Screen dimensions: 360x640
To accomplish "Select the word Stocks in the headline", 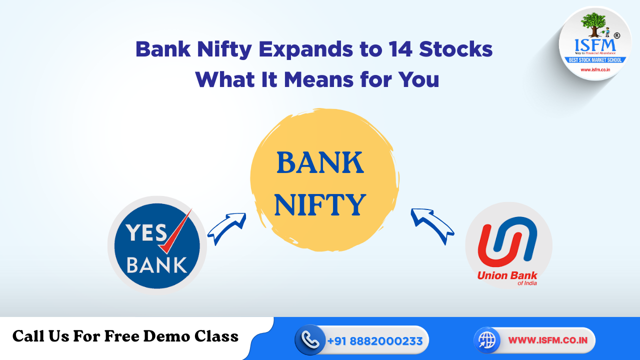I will pos(456,50).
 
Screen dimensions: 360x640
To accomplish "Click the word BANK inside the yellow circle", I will pos(320,163).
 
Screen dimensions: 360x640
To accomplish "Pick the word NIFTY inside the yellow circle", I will pos(320,205).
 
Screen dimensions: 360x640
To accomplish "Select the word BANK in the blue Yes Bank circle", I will pos(156,264).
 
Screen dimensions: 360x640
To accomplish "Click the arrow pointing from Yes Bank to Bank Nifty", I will pos(226,228).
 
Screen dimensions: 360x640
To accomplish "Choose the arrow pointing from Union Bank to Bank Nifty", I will pos(431,226).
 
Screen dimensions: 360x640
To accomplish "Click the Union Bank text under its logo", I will pos(507,276).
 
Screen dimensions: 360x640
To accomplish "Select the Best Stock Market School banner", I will pos(595,60).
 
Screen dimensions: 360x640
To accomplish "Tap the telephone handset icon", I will pos(310,340).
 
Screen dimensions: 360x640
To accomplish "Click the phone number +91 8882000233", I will pos(375,341).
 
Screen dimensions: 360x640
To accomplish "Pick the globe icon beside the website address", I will pos(487,340).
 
